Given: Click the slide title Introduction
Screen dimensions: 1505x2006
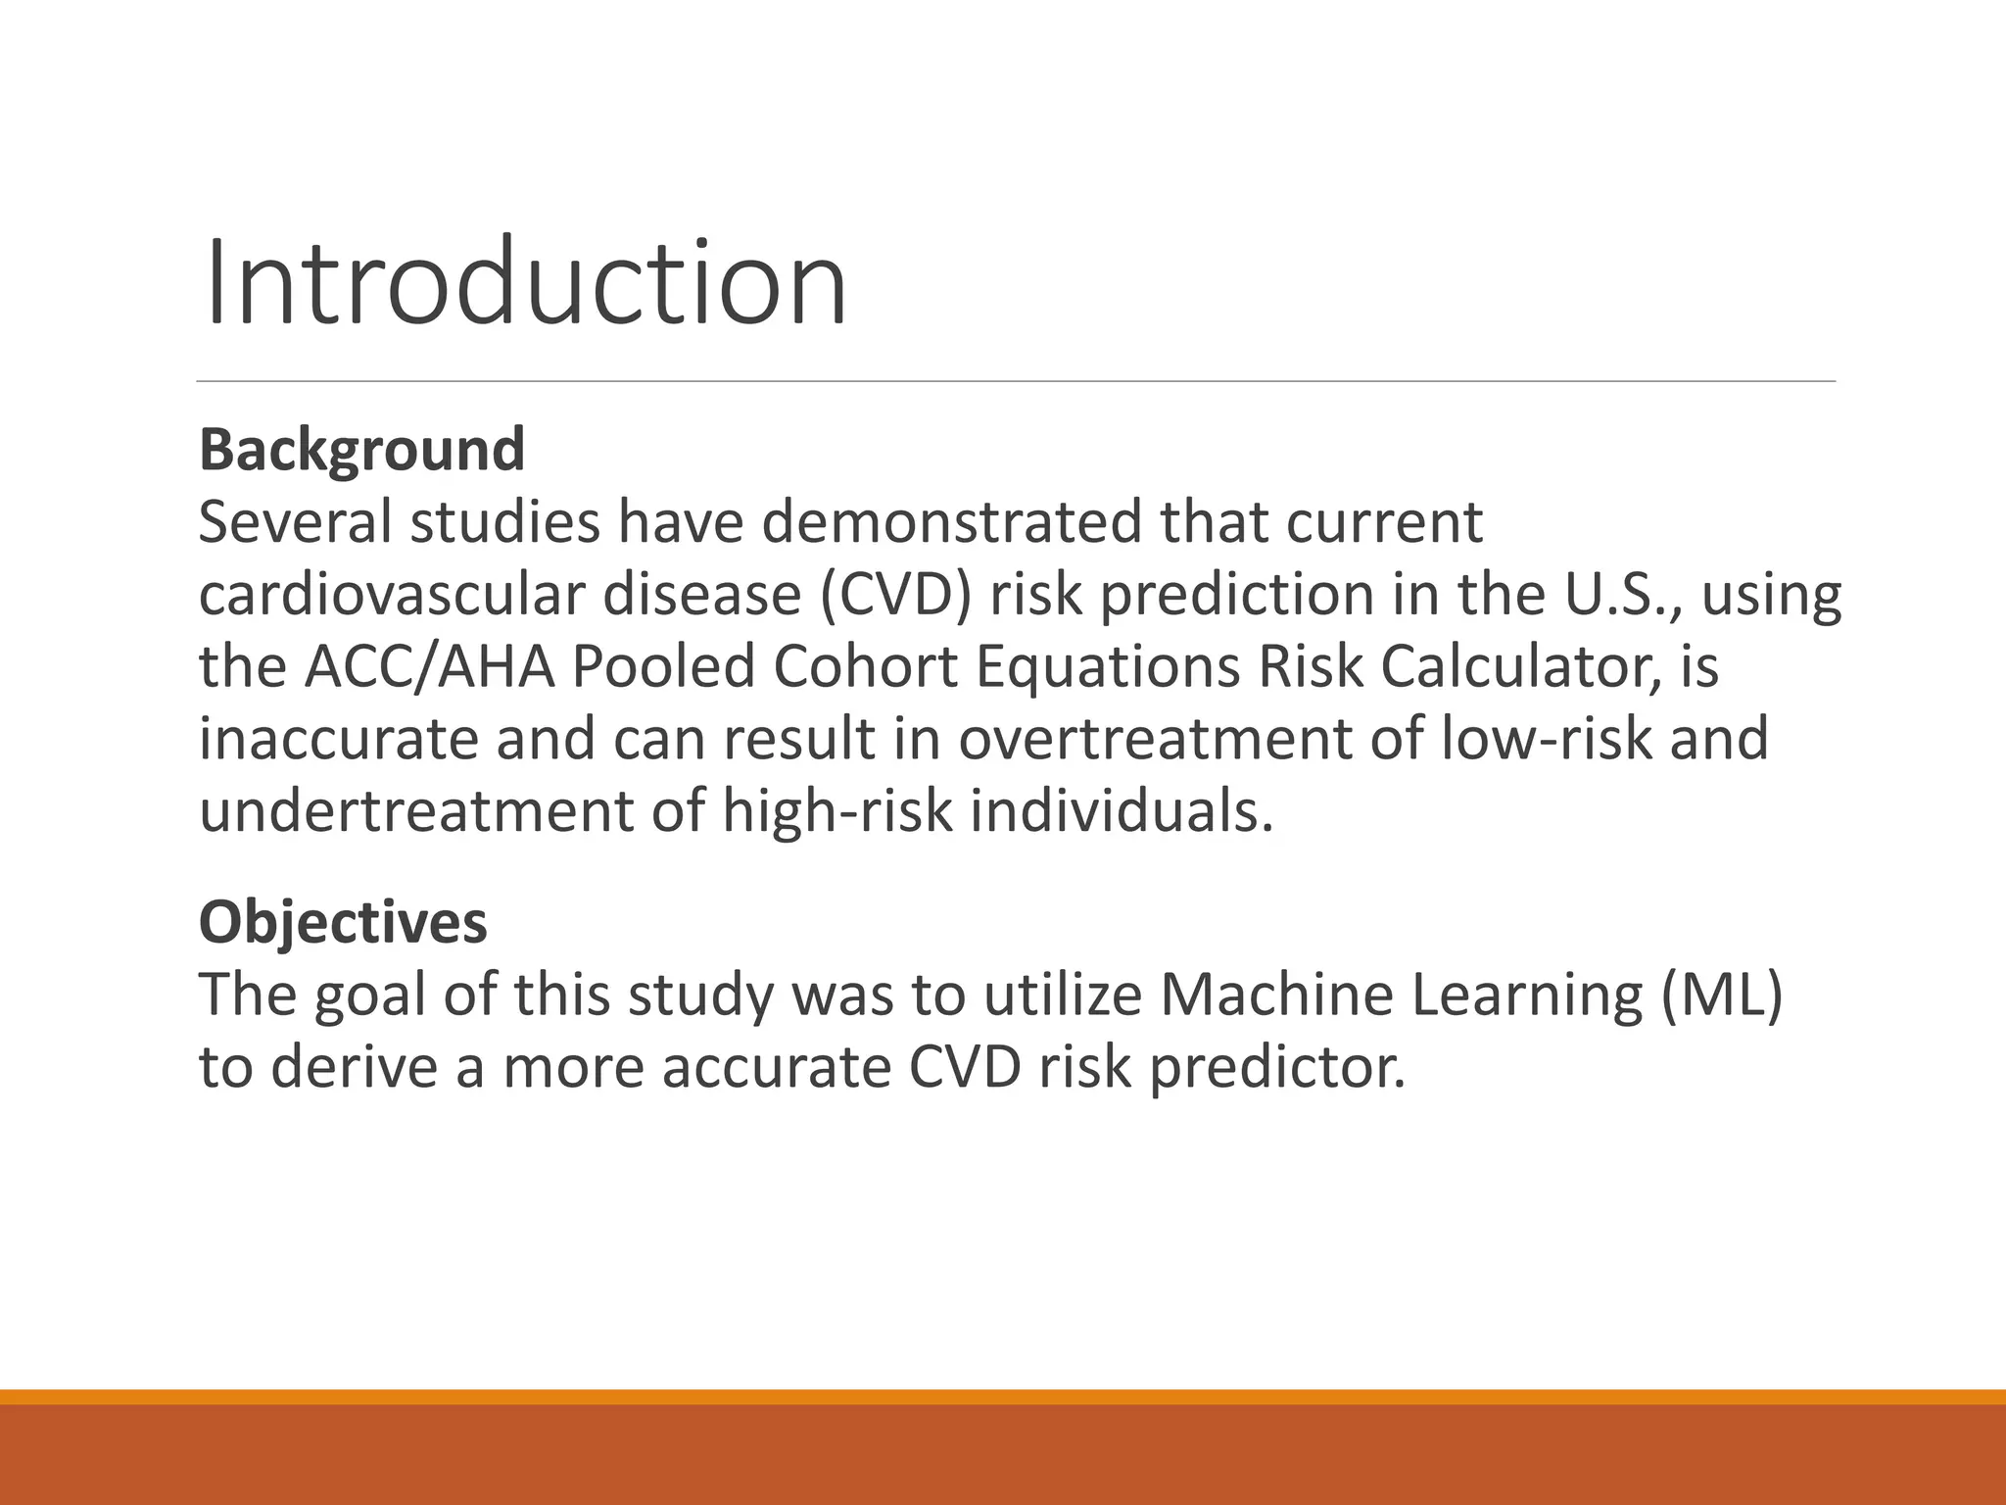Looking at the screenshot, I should tap(524, 284).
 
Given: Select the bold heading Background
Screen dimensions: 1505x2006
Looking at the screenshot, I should tap(361, 450).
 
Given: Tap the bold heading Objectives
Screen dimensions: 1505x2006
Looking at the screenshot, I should tap(343, 922).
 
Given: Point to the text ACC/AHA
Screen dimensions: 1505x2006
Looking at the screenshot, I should tap(430, 667).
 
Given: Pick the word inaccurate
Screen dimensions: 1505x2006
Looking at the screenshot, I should tap(338, 739).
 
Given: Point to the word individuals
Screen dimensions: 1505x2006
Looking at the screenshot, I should tap(1122, 811).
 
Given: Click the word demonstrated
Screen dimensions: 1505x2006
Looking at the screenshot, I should tap(951, 522).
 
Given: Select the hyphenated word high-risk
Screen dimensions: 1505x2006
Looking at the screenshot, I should tap(837, 811).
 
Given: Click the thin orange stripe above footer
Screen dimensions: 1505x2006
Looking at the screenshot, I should tap(1003, 1397).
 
